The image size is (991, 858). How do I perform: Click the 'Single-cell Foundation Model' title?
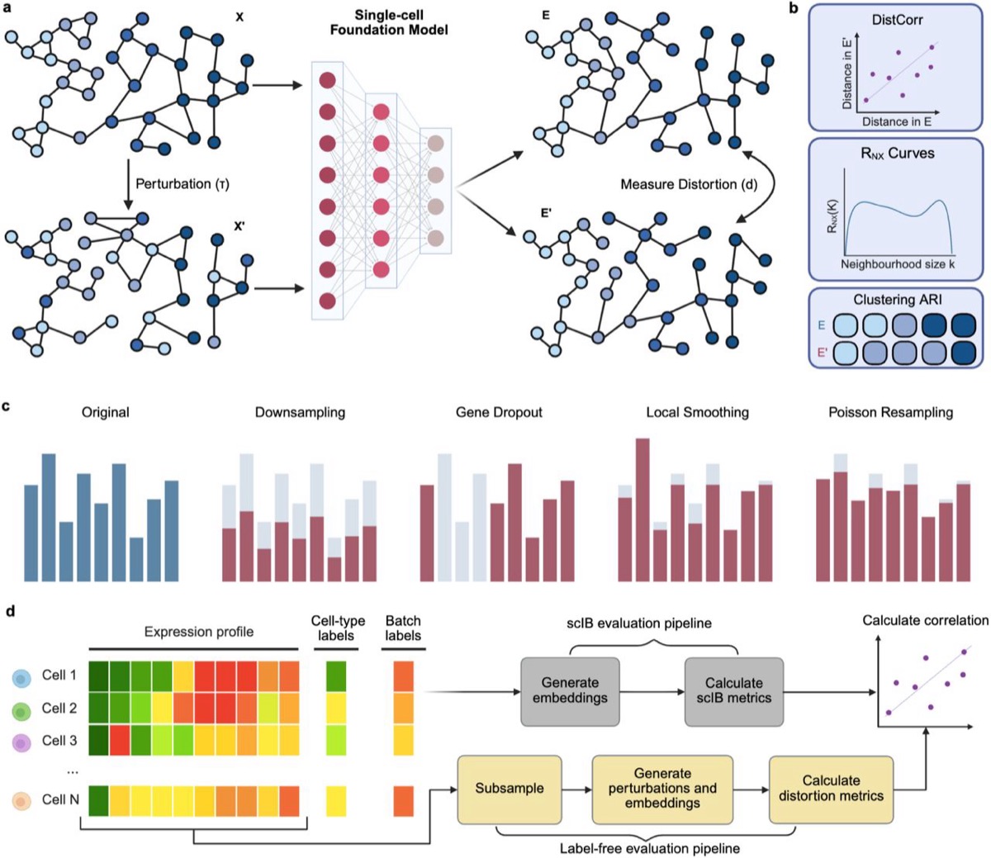[389, 22]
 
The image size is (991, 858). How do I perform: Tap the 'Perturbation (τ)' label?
[183, 184]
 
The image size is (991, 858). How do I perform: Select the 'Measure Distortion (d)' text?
[689, 184]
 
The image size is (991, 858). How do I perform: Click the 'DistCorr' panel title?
[897, 20]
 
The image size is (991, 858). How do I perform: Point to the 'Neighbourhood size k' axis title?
[898, 264]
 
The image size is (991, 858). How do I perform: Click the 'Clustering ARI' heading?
[898, 300]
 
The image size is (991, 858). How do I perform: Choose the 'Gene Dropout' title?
[499, 412]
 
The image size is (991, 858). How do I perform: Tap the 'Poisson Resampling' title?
[891, 413]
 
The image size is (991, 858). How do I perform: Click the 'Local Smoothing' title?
[697, 413]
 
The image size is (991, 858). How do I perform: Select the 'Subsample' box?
[510, 789]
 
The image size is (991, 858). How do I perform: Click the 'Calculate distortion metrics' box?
[831, 789]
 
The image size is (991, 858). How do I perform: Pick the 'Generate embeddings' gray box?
[570, 691]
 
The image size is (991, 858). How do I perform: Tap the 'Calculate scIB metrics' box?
[734, 691]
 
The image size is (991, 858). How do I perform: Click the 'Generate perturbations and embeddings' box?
[662, 789]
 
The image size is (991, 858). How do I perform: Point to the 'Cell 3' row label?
[59, 741]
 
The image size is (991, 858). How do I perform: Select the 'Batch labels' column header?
[403, 628]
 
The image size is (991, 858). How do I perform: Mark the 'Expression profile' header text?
[199, 632]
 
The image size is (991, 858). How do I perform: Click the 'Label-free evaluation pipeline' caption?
[650, 848]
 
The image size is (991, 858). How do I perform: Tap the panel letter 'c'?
[6, 407]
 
